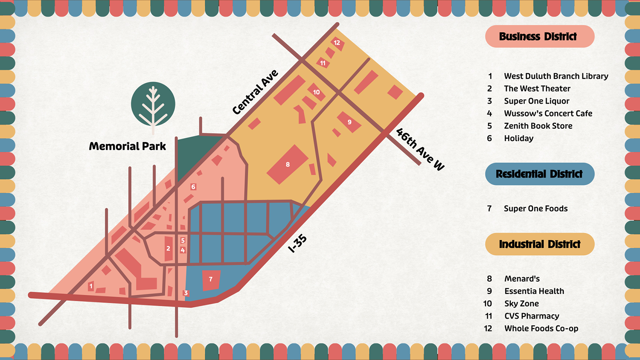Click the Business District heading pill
click(x=539, y=36)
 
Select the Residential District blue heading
click(x=539, y=174)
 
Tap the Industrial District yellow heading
click(x=539, y=244)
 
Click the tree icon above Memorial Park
click(x=153, y=104)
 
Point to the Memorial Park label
click(x=127, y=146)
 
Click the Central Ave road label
click(x=255, y=92)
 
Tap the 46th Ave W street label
click(x=420, y=149)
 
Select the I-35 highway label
click(x=297, y=244)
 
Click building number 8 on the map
click(x=288, y=164)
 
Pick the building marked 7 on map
click(x=211, y=279)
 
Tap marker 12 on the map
click(x=337, y=43)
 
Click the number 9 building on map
click(x=349, y=122)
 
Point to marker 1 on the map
click(x=90, y=286)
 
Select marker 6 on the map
click(x=193, y=187)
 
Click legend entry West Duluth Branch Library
click(x=556, y=76)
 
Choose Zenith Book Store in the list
click(x=538, y=126)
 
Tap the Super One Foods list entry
click(x=535, y=209)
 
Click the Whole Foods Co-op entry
click(x=541, y=328)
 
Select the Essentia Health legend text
click(x=534, y=291)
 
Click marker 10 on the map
click(x=316, y=92)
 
